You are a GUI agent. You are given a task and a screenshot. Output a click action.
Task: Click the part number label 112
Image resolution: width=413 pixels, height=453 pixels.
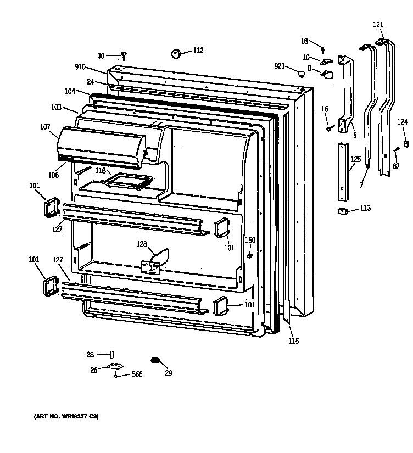coord(198,51)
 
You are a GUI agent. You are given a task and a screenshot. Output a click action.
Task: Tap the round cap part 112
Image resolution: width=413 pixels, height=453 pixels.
coord(177,53)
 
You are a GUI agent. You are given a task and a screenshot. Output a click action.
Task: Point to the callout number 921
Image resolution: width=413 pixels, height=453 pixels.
coord(280,66)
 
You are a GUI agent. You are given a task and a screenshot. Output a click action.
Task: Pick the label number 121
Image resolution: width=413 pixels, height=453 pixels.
coord(378,24)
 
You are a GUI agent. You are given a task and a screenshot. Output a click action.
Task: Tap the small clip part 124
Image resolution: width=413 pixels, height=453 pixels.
coord(406,144)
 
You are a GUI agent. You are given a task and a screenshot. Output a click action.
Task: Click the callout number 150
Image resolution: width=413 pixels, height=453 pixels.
coord(250,240)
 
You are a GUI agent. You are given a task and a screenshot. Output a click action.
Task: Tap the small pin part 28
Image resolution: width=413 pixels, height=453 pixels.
coord(111,354)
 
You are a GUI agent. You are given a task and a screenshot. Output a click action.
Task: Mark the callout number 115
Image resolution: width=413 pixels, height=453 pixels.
coord(293,341)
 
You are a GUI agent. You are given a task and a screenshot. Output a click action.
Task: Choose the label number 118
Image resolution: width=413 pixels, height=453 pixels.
coord(100,171)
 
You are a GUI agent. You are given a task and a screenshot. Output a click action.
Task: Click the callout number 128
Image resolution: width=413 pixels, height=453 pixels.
coord(142,244)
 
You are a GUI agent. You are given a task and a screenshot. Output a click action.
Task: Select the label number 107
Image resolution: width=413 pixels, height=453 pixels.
coord(45,127)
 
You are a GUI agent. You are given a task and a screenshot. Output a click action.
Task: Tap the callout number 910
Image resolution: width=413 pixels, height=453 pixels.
coord(80,67)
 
